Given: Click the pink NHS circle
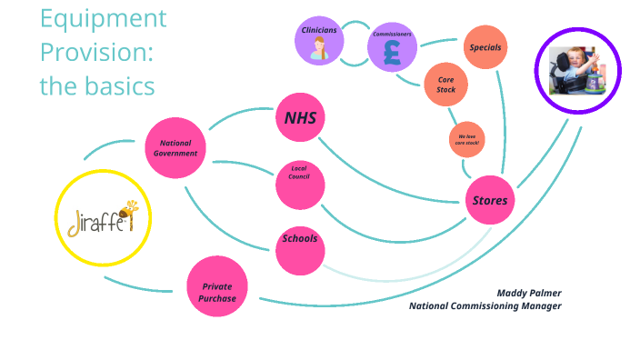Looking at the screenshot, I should (300, 118).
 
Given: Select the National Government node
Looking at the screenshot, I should (177, 148).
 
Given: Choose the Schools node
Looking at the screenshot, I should (300, 239).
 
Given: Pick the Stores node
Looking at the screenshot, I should (491, 200).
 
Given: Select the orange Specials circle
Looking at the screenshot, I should (485, 47).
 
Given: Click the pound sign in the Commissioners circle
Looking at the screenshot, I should (392, 53).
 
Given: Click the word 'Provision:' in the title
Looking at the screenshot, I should (95, 52).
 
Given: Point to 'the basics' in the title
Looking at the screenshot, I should (96, 85).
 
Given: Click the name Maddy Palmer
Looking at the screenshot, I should (528, 293).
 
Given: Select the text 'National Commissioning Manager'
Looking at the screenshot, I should (485, 306).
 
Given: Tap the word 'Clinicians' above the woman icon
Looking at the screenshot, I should (319, 30).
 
